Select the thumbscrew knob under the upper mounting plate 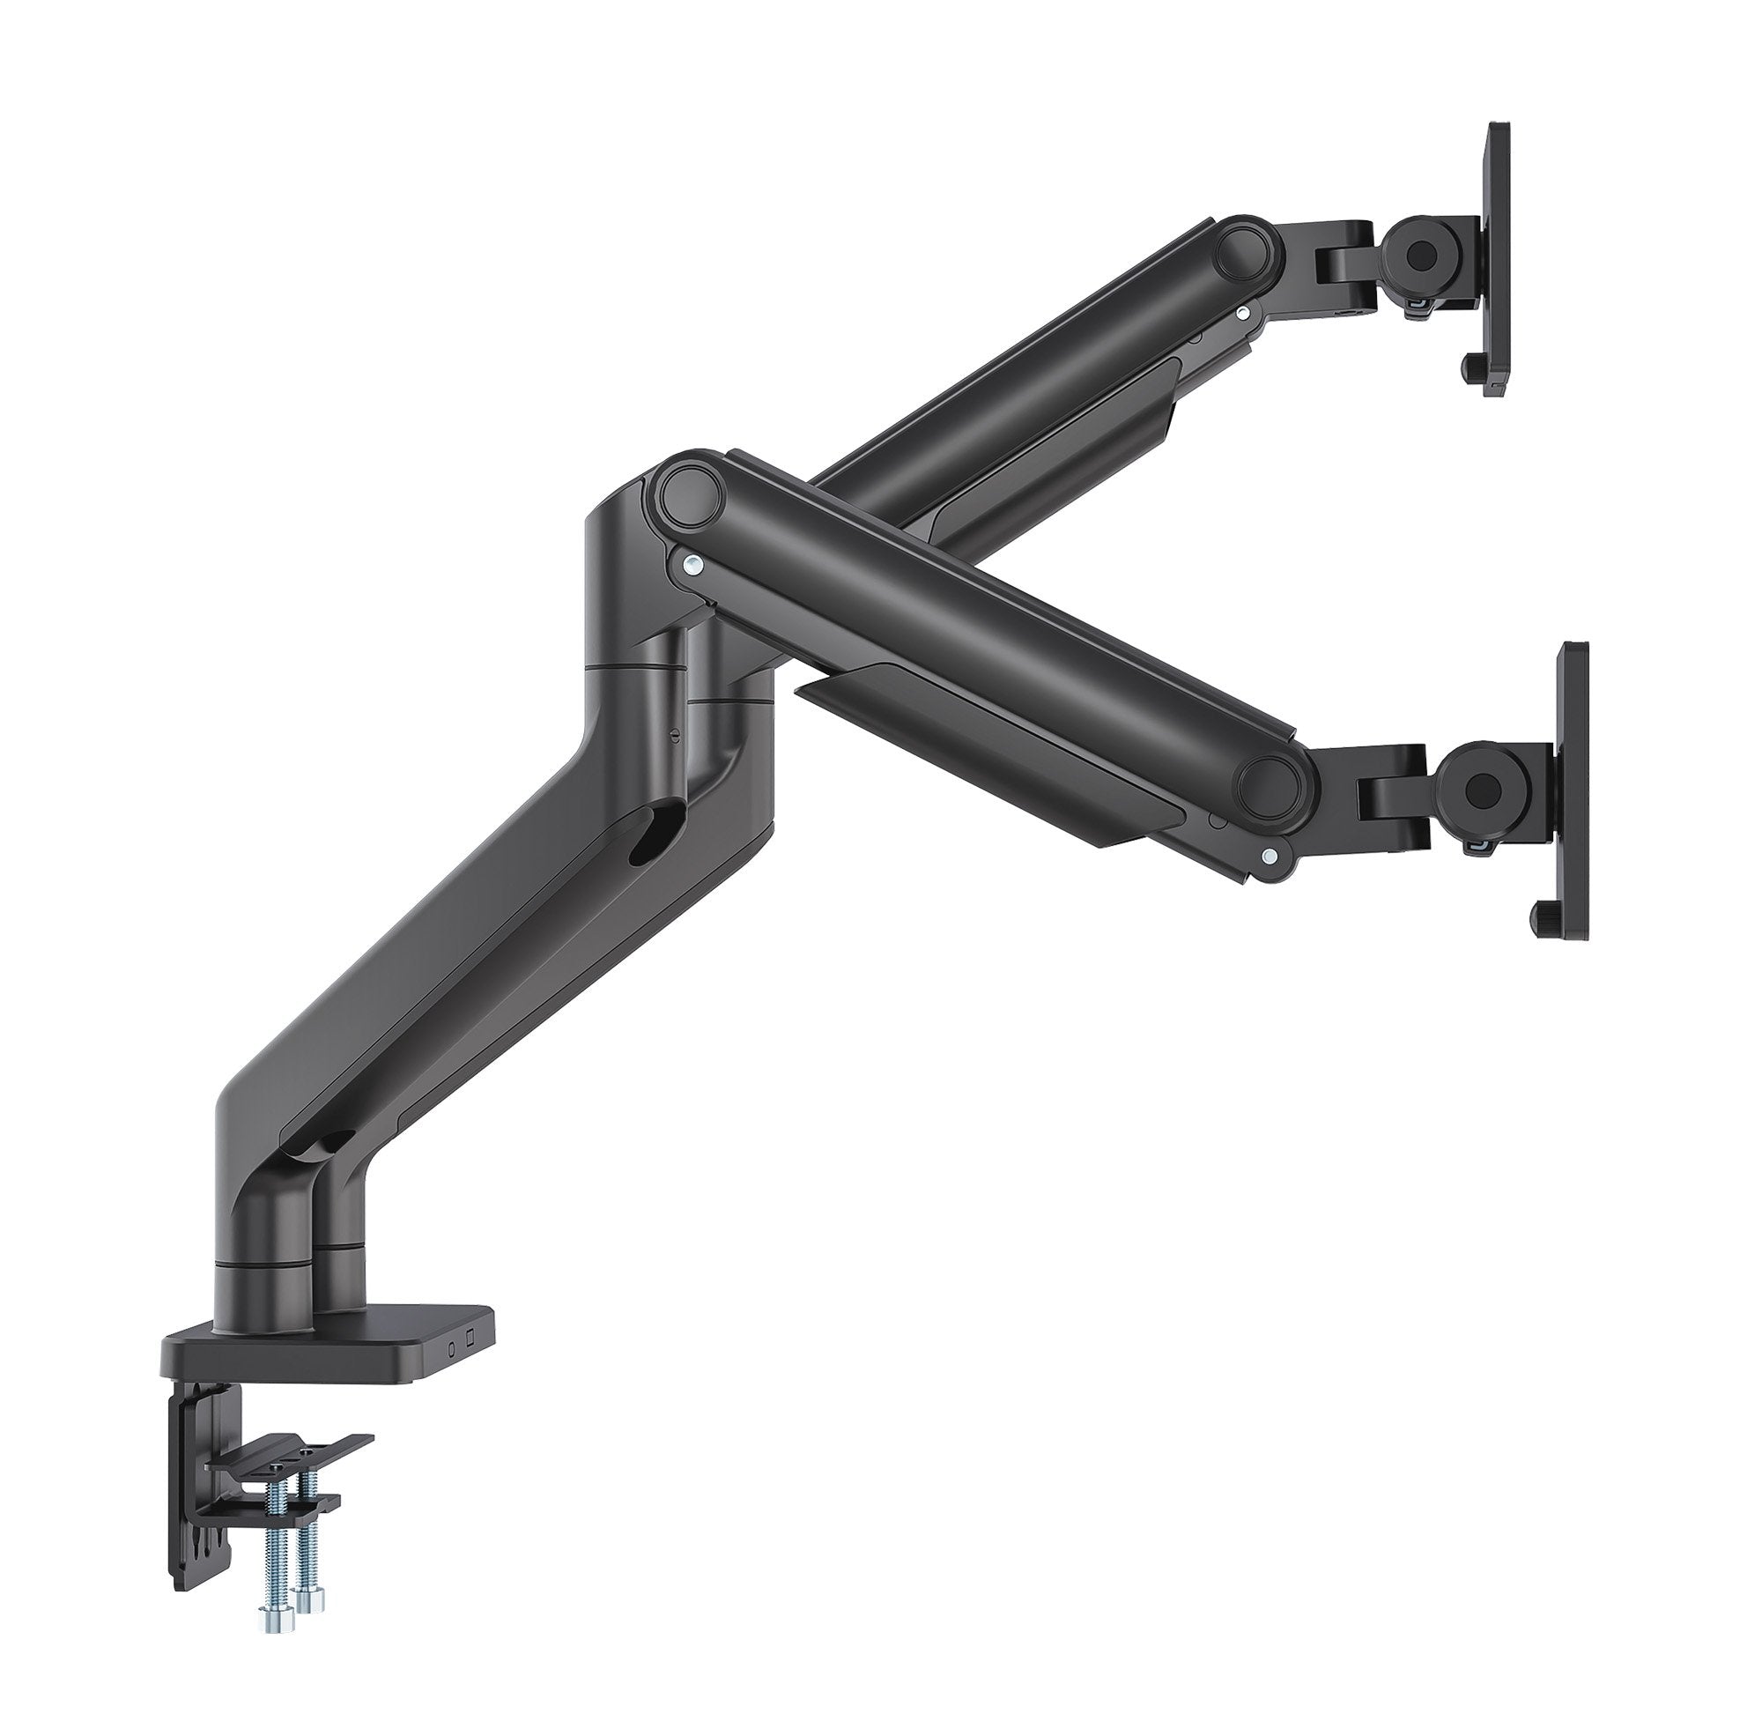coord(1469,368)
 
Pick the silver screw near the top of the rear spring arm coord(1240,312)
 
